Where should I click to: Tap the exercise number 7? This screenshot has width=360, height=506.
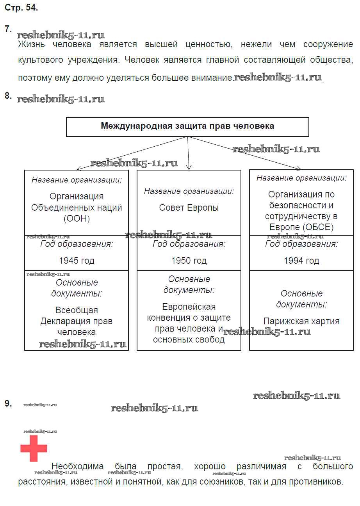pyautogui.click(x=8, y=29)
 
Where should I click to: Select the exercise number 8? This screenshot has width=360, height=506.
pyautogui.click(x=8, y=96)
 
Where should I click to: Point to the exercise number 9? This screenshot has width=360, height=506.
pyautogui.click(x=8, y=403)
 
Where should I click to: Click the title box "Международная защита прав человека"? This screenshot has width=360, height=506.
pyautogui.click(x=187, y=126)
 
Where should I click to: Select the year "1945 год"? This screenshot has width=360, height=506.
pyautogui.click(x=77, y=261)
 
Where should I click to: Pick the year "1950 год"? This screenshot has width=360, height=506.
pyautogui.click(x=189, y=261)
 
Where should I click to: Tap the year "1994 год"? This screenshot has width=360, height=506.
pyautogui.click(x=301, y=261)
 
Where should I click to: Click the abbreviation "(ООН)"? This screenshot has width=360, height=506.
pyautogui.click(x=77, y=218)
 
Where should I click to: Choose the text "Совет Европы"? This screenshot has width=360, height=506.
pyautogui.click(x=189, y=208)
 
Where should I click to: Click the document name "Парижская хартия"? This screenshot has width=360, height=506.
pyautogui.click(x=301, y=321)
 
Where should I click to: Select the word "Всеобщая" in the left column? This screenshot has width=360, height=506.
pyautogui.click(x=77, y=311)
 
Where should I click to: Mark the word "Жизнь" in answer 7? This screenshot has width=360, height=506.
pyautogui.click(x=32, y=44)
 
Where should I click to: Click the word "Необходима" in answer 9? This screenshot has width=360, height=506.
pyautogui.click(x=78, y=466)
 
